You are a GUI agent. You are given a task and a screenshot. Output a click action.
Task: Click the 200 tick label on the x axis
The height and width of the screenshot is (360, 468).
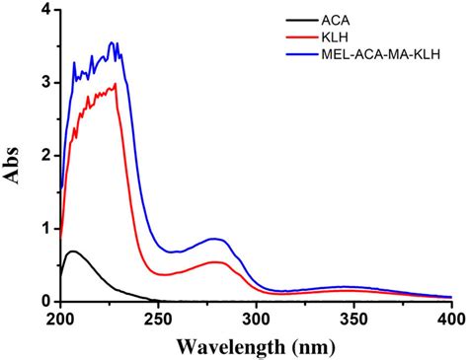click(61, 319)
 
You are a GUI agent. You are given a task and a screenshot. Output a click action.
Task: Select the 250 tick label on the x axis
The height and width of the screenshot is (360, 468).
click(159, 319)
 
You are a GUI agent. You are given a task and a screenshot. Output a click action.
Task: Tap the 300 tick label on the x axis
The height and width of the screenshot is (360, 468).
click(257, 319)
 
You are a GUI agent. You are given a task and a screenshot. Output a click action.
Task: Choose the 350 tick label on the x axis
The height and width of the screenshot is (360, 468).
click(354, 319)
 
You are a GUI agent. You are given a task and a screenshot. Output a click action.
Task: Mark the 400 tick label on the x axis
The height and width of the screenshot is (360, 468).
click(451, 319)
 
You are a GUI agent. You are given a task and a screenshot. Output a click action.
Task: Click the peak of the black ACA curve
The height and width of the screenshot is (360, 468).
click(73, 252)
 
